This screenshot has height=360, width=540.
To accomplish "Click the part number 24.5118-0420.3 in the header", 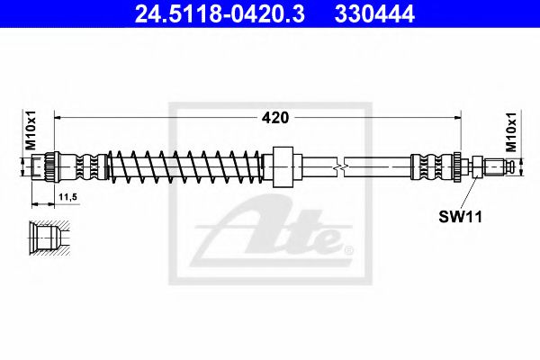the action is [x=220, y=13].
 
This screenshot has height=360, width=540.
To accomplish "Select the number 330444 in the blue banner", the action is [x=374, y=13].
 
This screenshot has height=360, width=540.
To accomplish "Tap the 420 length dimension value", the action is [x=275, y=118].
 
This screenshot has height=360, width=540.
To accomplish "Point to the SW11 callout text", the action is [x=460, y=217].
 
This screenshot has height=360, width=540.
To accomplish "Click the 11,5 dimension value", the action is [x=67, y=197].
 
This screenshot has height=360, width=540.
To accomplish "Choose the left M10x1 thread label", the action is [x=31, y=130].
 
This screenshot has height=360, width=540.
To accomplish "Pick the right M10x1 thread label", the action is [x=511, y=132].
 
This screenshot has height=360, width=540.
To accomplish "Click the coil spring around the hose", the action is [x=184, y=166].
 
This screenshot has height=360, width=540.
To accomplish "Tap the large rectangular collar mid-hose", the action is [x=283, y=166].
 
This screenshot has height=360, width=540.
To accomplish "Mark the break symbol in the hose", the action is [x=340, y=167].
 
